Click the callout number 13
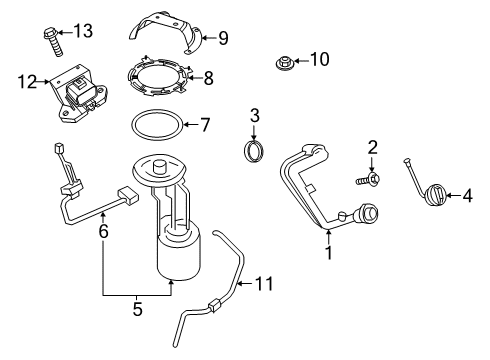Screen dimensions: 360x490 [83, 31]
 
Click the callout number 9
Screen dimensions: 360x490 [222, 39]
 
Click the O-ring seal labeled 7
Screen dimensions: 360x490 [155, 127]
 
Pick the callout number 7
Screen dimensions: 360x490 [204, 126]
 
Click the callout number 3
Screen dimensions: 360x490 [255, 117]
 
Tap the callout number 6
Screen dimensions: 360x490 [102, 230]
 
